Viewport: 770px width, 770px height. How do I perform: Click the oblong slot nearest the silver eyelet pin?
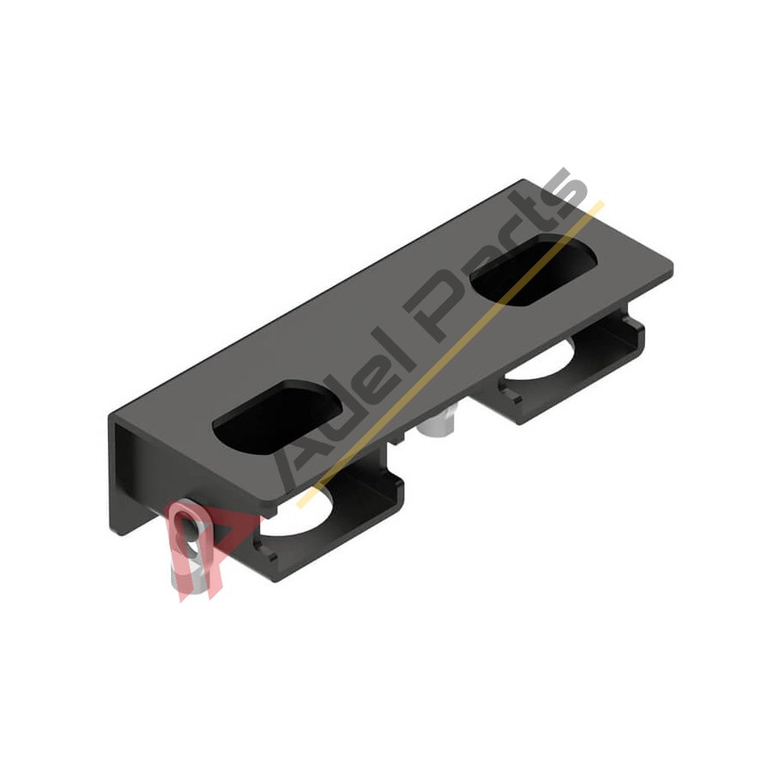click(277, 418)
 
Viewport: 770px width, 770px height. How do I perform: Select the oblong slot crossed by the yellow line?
click(534, 270)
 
